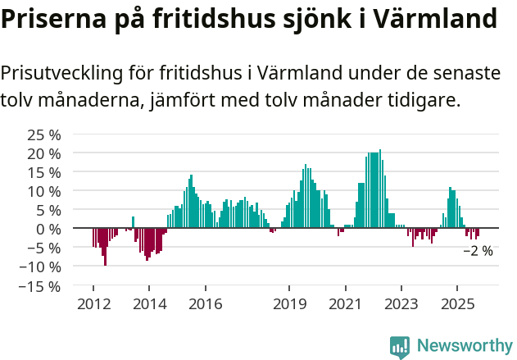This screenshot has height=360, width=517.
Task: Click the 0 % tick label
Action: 48,229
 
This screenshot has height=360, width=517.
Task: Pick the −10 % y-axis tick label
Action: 40,267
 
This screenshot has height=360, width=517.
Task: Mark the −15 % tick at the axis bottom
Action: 40,286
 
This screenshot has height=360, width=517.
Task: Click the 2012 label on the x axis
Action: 93,303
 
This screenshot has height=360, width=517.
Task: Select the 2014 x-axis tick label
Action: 148,303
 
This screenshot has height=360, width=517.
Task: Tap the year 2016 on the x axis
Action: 205,303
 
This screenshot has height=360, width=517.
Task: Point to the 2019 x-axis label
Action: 288,303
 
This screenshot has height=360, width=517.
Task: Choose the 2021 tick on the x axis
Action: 345,303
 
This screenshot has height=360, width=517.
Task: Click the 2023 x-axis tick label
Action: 401,303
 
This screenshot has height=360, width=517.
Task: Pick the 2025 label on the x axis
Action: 456,303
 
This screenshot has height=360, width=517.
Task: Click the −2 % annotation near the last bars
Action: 478,251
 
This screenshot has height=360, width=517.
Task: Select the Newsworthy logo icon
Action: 400,346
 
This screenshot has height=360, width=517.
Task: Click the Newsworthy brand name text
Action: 464,346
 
